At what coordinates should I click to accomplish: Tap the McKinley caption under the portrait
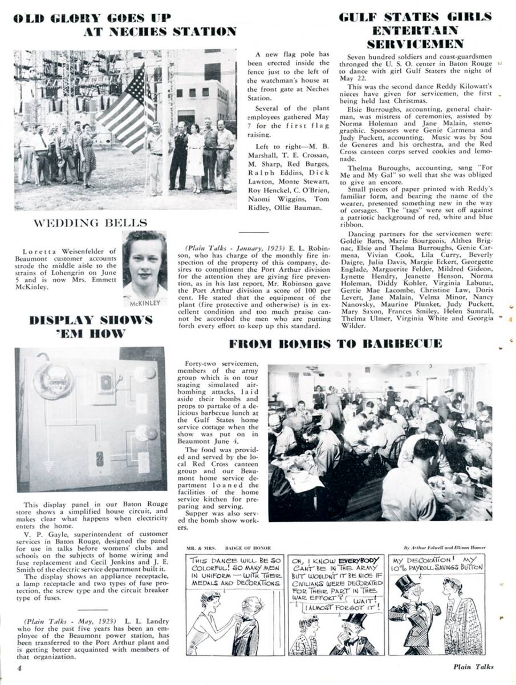click(145, 303)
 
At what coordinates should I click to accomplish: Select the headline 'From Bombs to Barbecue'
click(335, 344)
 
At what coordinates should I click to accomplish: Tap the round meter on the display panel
click(52, 381)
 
